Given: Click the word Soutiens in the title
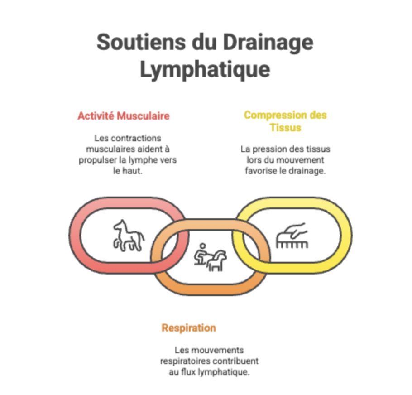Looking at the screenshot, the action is click(141, 42).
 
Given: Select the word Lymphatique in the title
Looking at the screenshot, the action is click(205, 70).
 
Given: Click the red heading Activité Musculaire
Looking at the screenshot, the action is click(124, 116).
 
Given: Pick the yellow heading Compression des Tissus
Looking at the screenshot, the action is click(285, 121).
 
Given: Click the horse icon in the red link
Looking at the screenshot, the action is click(129, 236).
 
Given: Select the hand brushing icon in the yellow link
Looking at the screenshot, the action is click(292, 236).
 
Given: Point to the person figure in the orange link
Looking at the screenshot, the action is click(201, 254).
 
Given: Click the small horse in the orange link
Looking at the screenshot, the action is click(217, 261).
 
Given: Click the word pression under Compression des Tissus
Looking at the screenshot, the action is click(268, 149).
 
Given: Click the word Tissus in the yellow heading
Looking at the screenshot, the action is click(285, 128).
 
